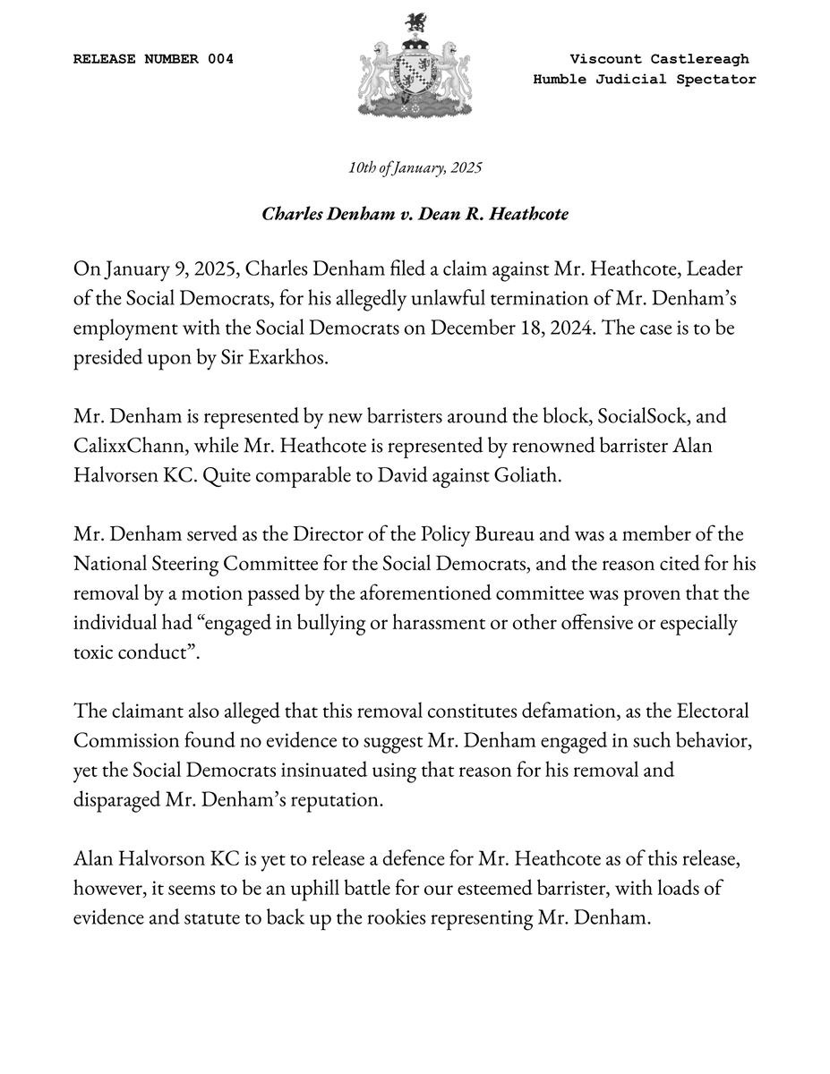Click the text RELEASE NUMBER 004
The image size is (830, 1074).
(153, 59)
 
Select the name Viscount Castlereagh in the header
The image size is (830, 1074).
(659, 59)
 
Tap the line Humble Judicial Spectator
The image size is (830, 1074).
(645, 80)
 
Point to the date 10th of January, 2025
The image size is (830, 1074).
(415, 167)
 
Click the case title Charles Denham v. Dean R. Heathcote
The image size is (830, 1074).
(415, 215)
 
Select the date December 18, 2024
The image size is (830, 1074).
(518, 328)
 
